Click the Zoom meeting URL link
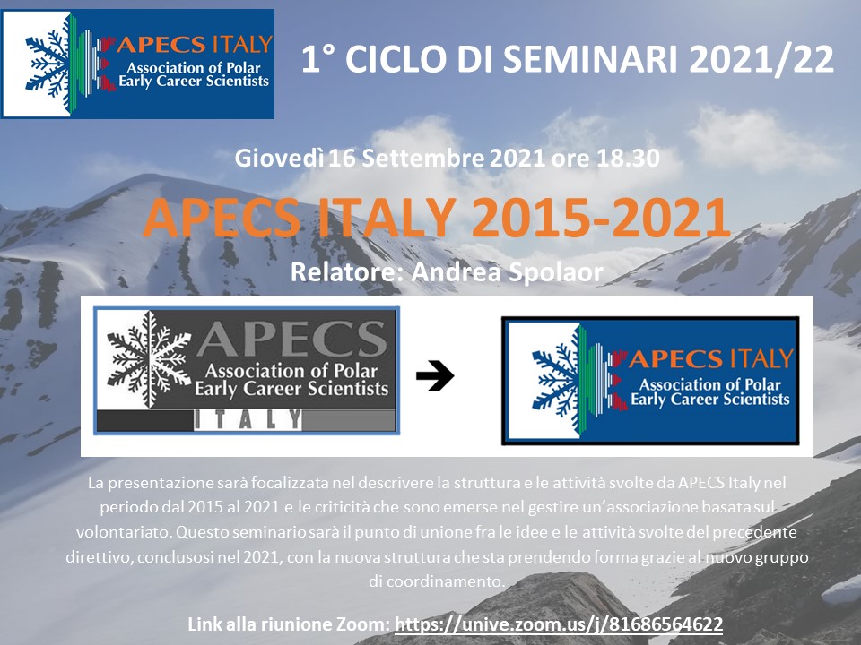[559, 624]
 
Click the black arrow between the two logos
[435, 375]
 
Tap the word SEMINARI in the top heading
[591, 59]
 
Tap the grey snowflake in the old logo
[148, 359]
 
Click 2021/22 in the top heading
[761, 59]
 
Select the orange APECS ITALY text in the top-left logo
[195, 44]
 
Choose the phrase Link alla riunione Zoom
[289, 624]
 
